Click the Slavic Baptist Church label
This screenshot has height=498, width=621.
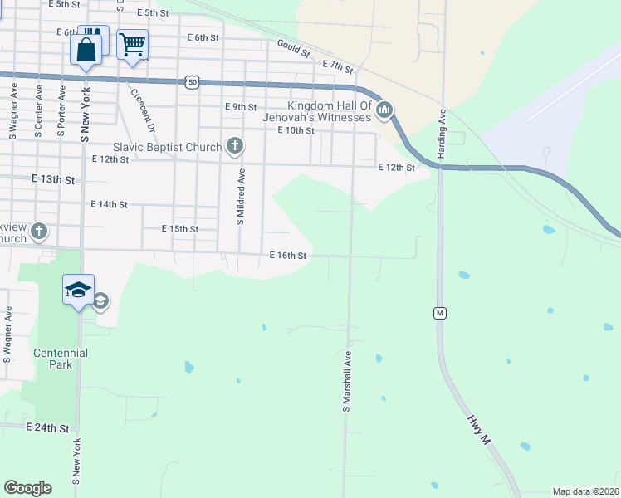pyautogui.click(x=168, y=147)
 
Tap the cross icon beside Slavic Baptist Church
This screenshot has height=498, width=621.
pyautogui.click(x=235, y=147)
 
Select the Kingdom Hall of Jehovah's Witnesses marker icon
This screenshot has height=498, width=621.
pyautogui.click(x=384, y=110)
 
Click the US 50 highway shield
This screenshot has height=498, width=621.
pyautogui.click(x=193, y=81)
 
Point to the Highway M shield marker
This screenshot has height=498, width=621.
pyautogui.click(x=440, y=313)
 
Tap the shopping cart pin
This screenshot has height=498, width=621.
pyautogui.click(x=133, y=46)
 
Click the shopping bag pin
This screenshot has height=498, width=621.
pyautogui.click(x=86, y=50)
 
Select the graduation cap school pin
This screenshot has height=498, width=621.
pyautogui.click(x=79, y=290)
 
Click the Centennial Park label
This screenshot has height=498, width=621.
pyautogui.click(x=61, y=359)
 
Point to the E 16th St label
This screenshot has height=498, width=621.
pyautogui.click(x=288, y=256)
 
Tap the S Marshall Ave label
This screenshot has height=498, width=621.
pyautogui.click(x=347, y=380)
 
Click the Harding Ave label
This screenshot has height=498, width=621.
pyautogui.click(x=443, y=134)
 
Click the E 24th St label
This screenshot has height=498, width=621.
pyautogui.click(x=46, y=427)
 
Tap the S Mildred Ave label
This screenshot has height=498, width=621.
pyautogui.click(x=241, y=197)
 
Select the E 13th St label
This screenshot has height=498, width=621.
pyautogui.click(x=53, y=179)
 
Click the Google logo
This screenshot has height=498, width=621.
pyautogui.click(x=27, y=488)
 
